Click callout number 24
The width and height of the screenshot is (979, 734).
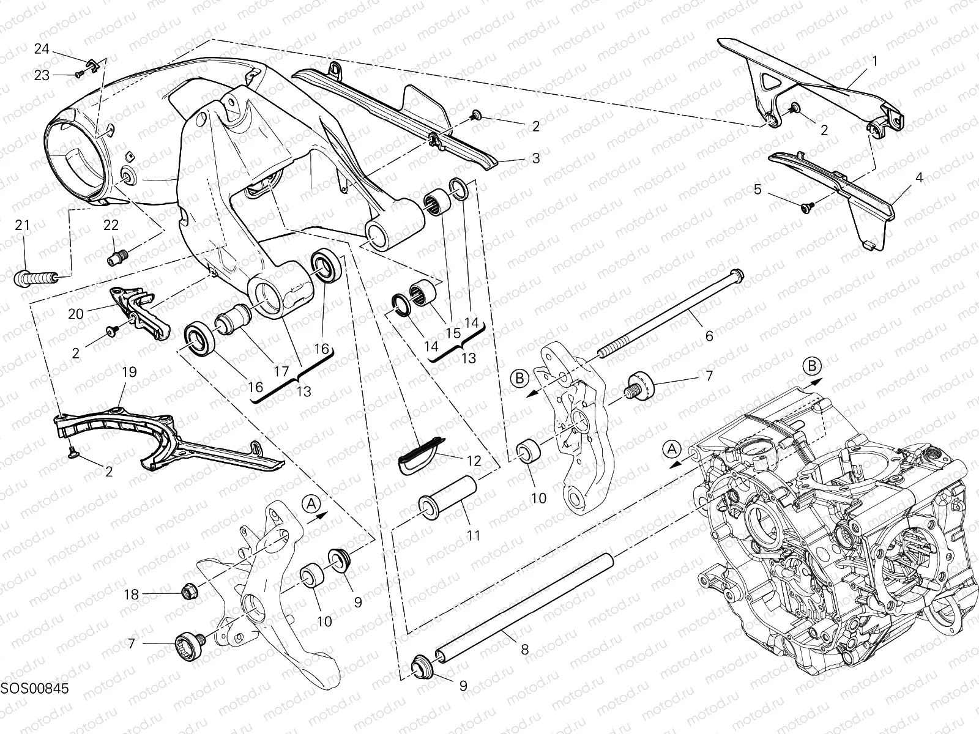pyautogui.click(x=41, y=50)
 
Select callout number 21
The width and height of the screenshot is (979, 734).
pyautogui.click(x=23, y=226)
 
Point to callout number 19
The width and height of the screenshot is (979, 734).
pyautogui.click(x=128, y=372)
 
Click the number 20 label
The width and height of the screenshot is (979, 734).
pyautogui.click(x=76, y=314)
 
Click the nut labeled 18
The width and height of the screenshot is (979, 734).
pyautogui.click(x=189, y=591)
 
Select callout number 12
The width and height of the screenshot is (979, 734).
pyautogui.click(x=474, y=460)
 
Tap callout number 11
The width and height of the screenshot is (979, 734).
pyautogui.click(x=474, y=535)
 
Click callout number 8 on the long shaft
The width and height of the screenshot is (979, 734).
pyautogui.click(x=525, y=650)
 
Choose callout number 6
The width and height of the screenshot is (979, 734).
pyautogui.click(x=709, y=336)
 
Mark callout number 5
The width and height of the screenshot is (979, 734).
pyautogui.click(x=758, y=190)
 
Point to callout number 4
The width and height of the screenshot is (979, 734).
pyautogui.click(x=918, y=178)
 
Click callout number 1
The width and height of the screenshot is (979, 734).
pyautogui.click(x=875, y=61)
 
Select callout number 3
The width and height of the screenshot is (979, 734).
pyautogui.click(x=536, y=158)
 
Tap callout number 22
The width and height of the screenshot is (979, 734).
pyautogui.click(x=111, y=226)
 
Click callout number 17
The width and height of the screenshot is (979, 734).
pyautogui.click(x=281, y=371)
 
